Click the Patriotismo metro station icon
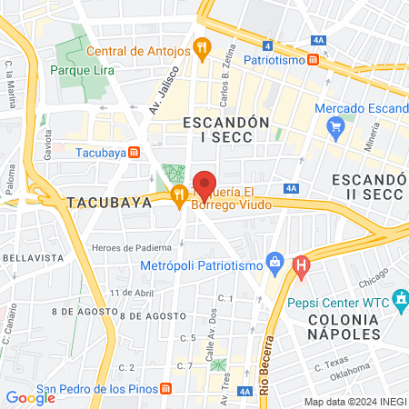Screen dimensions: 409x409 click(313, 60)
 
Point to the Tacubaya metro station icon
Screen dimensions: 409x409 click(134, 152)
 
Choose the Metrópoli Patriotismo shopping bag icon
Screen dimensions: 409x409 click(274, 265)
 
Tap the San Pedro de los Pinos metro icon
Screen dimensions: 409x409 click(165, 389)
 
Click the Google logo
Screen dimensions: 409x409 click(30, 397)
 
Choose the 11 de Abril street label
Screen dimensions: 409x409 click(129, 293)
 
